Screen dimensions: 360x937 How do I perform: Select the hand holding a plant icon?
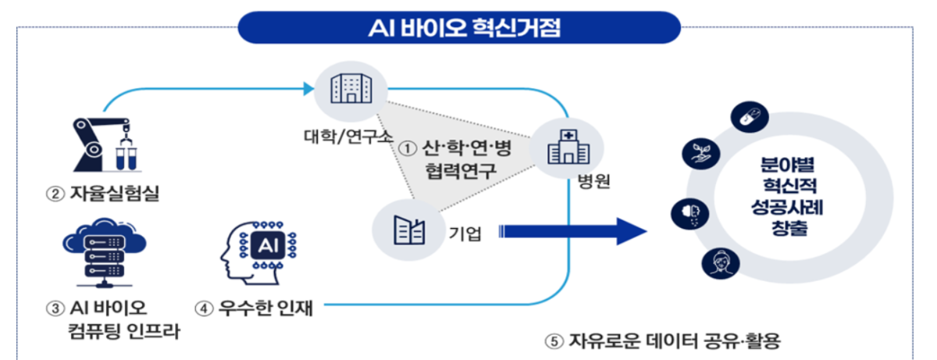coord(697,153)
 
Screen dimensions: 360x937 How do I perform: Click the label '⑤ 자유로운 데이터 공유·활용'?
coord(662,341)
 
